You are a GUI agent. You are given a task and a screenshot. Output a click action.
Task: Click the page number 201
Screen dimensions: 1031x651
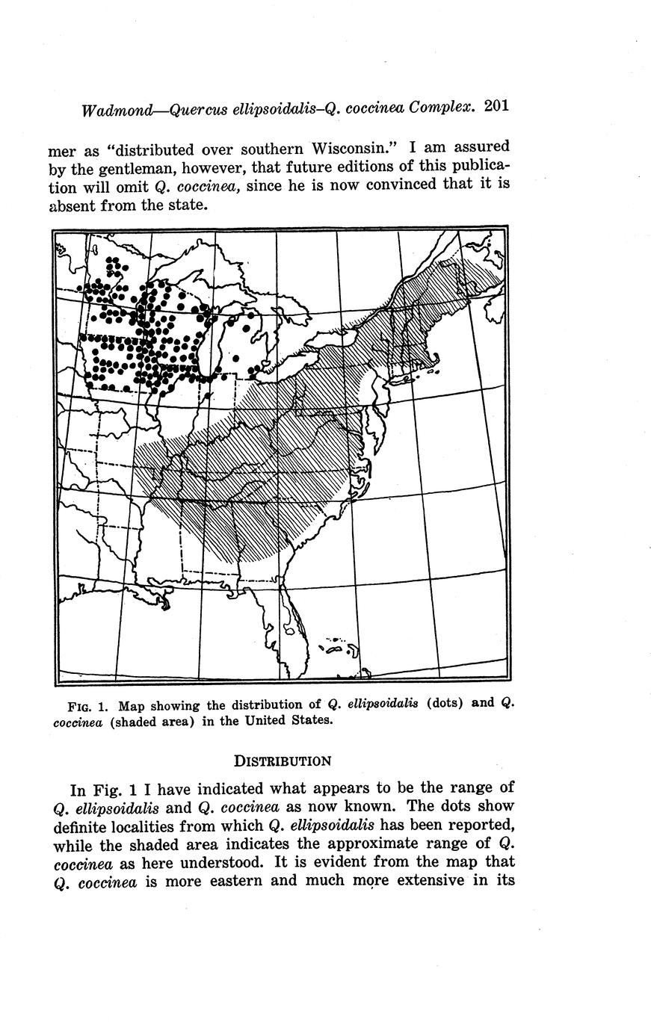point(496,105)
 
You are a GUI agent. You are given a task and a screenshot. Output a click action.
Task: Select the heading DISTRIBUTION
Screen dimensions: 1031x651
point(282,761)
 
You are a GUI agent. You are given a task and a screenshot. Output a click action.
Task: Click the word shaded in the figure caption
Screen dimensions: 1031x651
point(130,722)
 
